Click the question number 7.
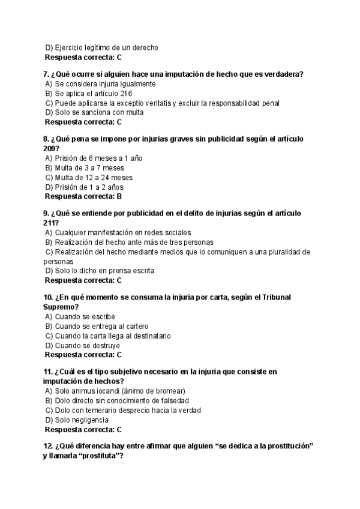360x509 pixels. tap(46, 74)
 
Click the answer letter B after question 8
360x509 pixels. tap(119, 196)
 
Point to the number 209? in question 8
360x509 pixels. tap(52, 148)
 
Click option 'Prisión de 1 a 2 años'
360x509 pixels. tap(89, 187)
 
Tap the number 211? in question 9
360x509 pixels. tap(52, 223)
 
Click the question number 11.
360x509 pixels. tap(48, 372)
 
